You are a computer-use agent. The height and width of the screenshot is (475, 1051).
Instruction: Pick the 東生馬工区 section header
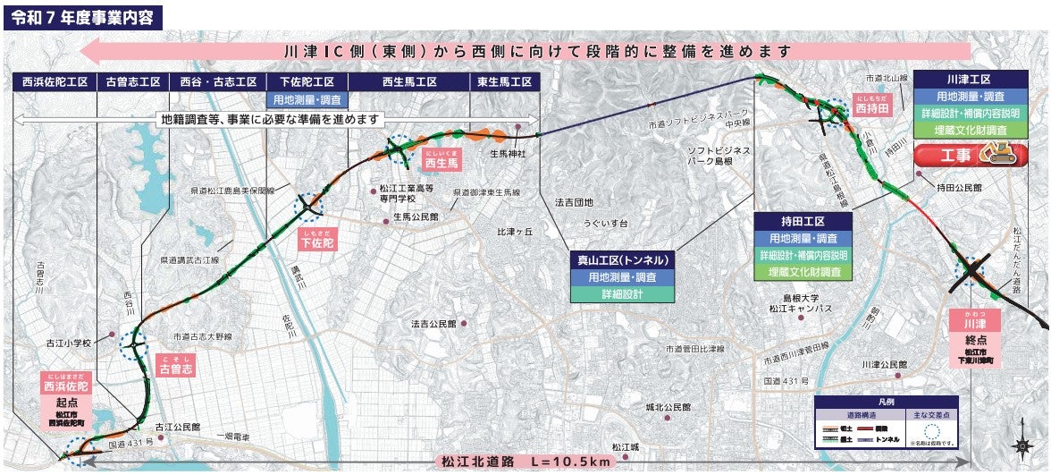505,81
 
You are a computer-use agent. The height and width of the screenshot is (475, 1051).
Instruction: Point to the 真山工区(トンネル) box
624,260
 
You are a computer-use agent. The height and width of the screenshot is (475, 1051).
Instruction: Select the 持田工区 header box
802,221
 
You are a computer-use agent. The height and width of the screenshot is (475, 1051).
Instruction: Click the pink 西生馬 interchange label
441,163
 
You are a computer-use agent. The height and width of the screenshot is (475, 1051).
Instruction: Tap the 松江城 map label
625,446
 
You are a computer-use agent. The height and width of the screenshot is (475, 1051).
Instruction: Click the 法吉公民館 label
433,322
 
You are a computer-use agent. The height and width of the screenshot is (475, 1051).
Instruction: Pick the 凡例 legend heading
886,403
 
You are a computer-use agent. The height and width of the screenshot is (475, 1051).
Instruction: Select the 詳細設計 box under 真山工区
624,293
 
